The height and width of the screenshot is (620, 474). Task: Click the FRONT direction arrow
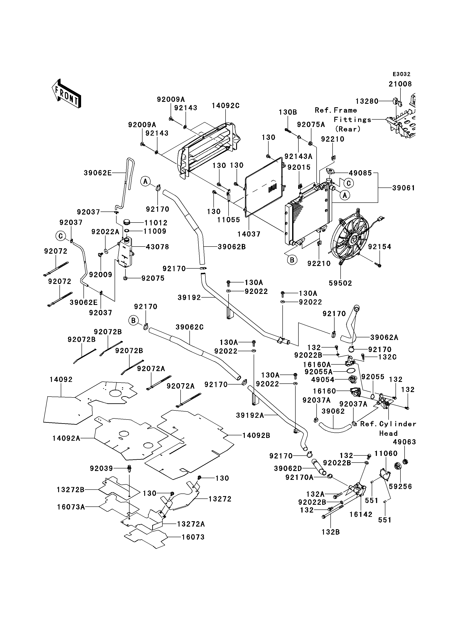(67, 93)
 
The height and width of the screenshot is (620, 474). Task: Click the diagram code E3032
(402, 74)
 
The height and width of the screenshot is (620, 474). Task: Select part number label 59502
(341, 283)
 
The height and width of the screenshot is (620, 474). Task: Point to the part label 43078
(157, 247)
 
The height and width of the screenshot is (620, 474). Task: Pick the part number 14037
(249, 234)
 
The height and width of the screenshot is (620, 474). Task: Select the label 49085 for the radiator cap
(360, 173)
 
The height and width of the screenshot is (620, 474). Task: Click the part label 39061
(404, 188)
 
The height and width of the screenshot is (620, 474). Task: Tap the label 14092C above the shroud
(226, 106)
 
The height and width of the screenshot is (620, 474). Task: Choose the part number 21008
(400, 84)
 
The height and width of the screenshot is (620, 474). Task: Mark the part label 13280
(367, 101)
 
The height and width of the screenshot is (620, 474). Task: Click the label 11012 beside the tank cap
(155, 223)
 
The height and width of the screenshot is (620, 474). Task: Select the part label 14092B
(256, 436)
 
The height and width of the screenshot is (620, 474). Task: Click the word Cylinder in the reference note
(398, 424)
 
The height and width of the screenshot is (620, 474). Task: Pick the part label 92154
(380, 247)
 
